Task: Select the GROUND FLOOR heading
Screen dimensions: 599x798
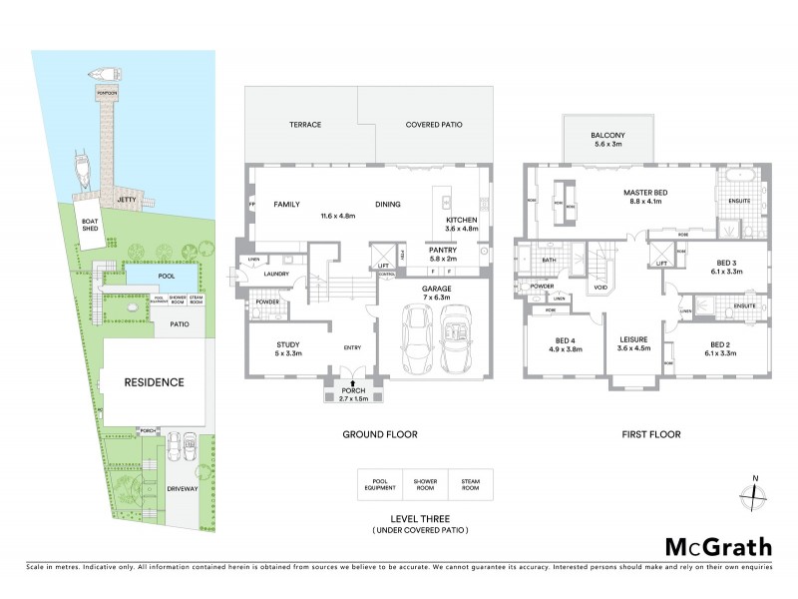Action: point(379,434)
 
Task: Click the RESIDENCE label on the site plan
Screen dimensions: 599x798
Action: point(154,382)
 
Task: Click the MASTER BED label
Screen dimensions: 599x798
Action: point(644,192)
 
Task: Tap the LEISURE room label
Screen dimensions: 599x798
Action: point(634,339)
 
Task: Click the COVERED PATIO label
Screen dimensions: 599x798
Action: point(434,126)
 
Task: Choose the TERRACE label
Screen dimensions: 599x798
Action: point(304,126)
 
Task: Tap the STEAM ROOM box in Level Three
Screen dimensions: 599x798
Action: point(470,484)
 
